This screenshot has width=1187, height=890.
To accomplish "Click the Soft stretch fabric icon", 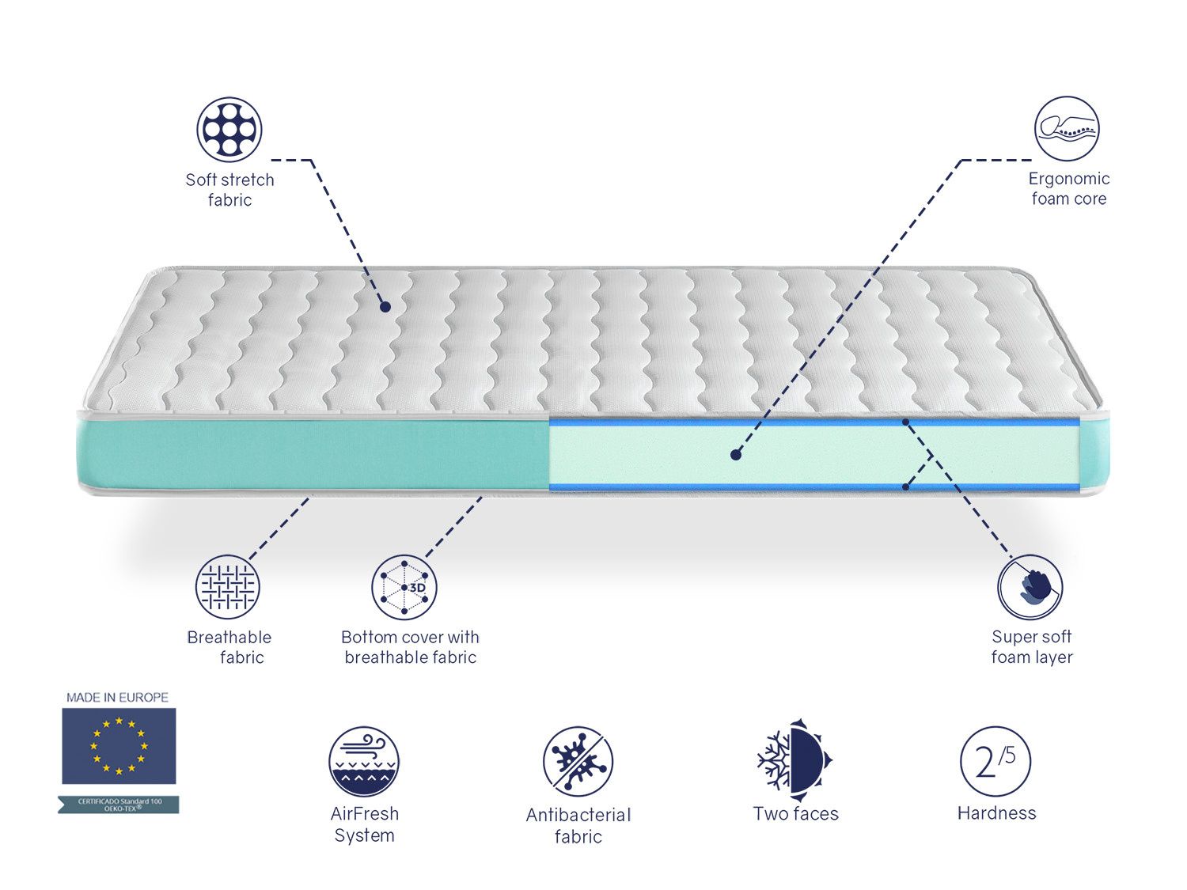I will coord(229,129).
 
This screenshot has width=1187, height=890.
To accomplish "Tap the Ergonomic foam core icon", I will coord(1066,129).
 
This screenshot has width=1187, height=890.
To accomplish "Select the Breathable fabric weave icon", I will coord(228,587).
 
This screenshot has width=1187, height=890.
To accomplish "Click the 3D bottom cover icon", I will coord(404,587).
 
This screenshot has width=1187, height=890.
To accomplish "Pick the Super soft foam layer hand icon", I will coord(1030,587).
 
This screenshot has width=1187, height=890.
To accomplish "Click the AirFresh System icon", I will coord(364,762).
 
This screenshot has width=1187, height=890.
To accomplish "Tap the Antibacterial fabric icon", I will coord(578,761).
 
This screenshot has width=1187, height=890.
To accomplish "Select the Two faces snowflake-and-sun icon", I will coord(794,756).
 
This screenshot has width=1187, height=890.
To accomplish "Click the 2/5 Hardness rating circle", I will coord(995,761).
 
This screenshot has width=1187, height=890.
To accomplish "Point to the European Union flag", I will coord(119,745).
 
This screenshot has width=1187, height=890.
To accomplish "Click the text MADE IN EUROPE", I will coord(117,697).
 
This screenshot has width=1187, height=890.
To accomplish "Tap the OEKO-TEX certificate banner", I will coord(119,805).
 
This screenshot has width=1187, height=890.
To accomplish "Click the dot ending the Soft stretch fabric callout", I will coord(385,306).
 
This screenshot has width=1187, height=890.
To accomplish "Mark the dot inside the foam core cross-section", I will coord(736,455).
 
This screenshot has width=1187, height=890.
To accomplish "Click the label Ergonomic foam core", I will coord(1068,188).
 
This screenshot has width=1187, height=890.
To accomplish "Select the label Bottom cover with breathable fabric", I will coord(410,647).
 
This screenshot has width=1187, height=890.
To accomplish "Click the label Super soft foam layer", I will coord(1031,646).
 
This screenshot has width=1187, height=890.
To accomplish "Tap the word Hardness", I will coord(996,812).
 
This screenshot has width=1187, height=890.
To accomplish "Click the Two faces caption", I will coord(795,813).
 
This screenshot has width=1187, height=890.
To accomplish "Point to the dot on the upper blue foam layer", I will coord(906,422).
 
